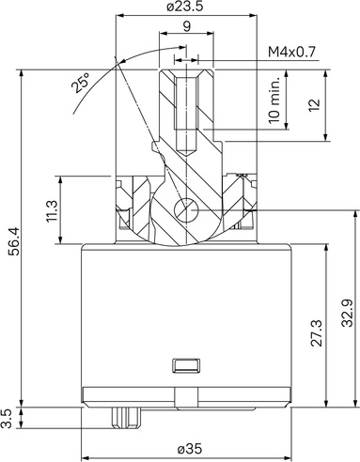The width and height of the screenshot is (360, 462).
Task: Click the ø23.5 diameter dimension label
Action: pyautogui.click(x=185, y=7)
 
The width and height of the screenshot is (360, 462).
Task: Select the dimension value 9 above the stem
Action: pyautogui.click(x=186, y=26)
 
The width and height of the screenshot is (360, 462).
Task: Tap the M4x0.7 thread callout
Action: pyautogui.click(x=291, y=52)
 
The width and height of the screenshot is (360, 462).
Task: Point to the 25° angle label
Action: pyautogui.click(x=80, y=83)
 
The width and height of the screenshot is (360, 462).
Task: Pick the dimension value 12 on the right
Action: pyautogui.click(x=315, y=105)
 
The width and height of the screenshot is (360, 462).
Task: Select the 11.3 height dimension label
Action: pyautogui.click(x=52, y=211)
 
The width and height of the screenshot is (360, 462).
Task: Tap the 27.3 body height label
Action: pyautogui.click(x=317, y=332)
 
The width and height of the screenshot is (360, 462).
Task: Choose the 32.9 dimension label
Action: pyautogui.click(x=347, y=313)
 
